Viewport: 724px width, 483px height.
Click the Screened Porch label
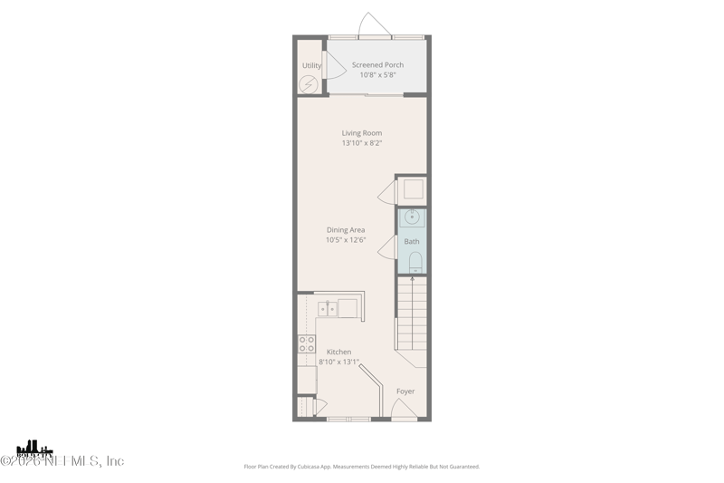point(377,65)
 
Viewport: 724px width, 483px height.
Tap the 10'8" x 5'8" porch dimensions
point(377,75)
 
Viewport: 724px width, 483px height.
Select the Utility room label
point(311,65)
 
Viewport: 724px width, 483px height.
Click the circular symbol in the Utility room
point(310,84)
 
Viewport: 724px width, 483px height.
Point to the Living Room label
point(361,133)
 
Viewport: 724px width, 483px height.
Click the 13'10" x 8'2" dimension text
point(361,143)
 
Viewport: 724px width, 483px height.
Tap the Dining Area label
point(346,230)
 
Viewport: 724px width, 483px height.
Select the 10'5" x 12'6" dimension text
point(346,240)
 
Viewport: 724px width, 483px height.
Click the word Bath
point(412,242)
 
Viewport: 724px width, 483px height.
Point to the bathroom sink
point(413,217)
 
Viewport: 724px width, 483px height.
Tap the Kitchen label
point(339,352)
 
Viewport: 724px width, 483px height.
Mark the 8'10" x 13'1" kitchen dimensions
point(339,362)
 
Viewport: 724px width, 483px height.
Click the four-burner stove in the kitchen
point(307,344)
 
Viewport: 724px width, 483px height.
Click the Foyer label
point(405,391)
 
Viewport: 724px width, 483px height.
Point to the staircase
point(412,314)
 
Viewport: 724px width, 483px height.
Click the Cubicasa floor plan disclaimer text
point(362,467)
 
